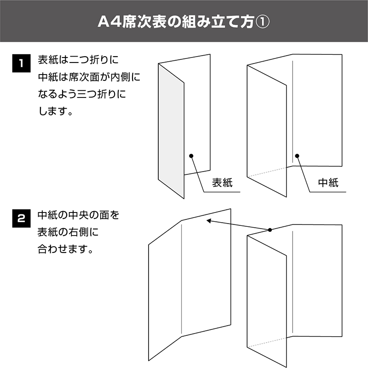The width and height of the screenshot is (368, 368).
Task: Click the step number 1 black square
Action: [21, 63]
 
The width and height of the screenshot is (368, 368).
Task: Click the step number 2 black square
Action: [21, 218]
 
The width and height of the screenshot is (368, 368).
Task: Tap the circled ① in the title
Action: [262, 22]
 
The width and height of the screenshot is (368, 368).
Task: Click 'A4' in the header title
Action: [109, 22]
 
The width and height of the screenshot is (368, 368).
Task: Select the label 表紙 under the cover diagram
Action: [222, 183]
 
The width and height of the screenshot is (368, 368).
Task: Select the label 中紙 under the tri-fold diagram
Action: [328, 183]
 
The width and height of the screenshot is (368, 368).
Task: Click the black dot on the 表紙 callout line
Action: [191, 156]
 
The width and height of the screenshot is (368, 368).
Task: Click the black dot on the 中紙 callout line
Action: [297, 156]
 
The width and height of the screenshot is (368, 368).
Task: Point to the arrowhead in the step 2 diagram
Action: [208, 221]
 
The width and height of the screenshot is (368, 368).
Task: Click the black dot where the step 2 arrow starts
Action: [270, 230]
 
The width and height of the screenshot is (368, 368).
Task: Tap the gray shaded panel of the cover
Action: [171, 131]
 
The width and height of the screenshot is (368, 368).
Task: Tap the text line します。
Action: [56, 111]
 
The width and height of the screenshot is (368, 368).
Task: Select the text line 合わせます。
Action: [66, 249]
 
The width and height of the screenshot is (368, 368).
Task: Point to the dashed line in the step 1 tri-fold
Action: [270, 171]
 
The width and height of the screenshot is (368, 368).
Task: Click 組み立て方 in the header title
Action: [218, 22]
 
